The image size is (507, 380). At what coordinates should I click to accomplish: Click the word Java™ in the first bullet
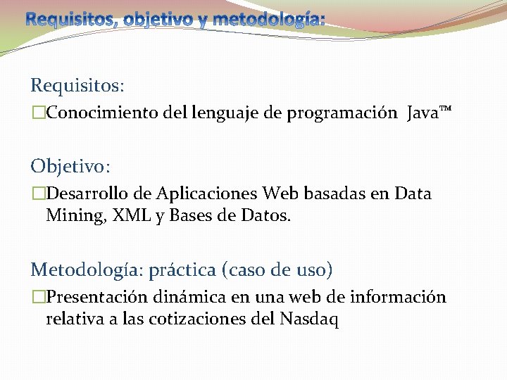(x=429, y=113)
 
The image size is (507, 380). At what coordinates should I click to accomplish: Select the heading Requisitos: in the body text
(x=77, y=86)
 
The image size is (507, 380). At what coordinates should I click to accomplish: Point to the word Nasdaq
(x=309, y=319)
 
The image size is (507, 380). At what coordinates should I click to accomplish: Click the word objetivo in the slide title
(x=157, y=19)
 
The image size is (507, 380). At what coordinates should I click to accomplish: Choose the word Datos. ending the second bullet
(x=265, y=216)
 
